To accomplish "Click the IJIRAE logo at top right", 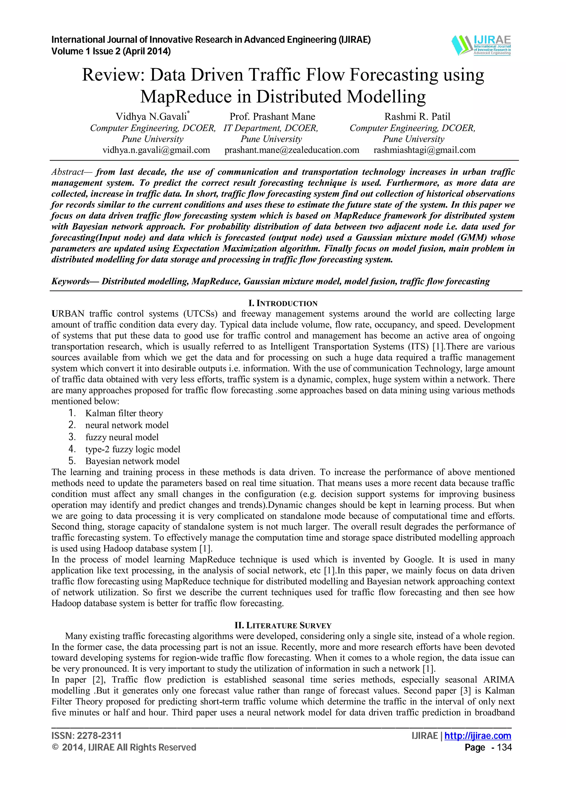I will [x=481, y=45].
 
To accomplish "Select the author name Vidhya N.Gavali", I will [x=151, y=116].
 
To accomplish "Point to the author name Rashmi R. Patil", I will [x=417, y=116].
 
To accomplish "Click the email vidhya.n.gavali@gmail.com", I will [x=156, y=150].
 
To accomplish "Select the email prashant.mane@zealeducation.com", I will [x=292, y=150].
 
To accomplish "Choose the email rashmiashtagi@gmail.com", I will [x=424, y=150].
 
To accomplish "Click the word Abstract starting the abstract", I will [x=68, y=172].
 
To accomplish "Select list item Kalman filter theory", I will [x=124, y=413].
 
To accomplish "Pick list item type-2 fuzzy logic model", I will [x=133, y=449].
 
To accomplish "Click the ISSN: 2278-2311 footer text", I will [x=87, y=735].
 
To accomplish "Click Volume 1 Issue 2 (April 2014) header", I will [x=111, y=52].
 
